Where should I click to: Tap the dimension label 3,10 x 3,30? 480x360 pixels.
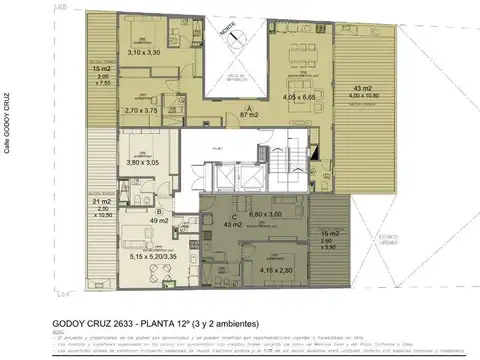145,53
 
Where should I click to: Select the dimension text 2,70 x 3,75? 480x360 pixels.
141,112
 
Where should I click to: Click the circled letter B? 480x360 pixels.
160,211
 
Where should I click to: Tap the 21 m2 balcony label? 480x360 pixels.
99,201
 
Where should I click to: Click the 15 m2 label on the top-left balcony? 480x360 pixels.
100,69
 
